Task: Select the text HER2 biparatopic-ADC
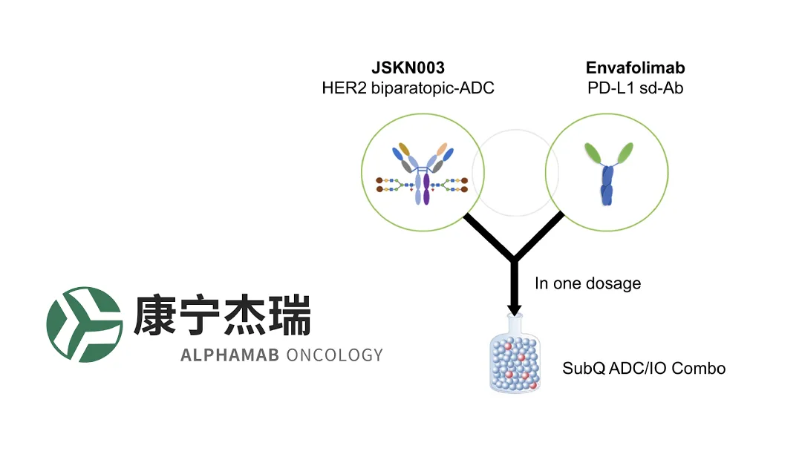click(x=408, y=88)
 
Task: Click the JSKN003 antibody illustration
click(x=423, y=174)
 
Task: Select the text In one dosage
click(x=587, y=284)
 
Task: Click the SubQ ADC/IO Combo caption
click(x=643, y=368)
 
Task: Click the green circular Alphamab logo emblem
click(x=84, y=324)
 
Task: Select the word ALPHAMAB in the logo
click(x=229, y=355)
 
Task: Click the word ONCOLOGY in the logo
click(x=334, y=355)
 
